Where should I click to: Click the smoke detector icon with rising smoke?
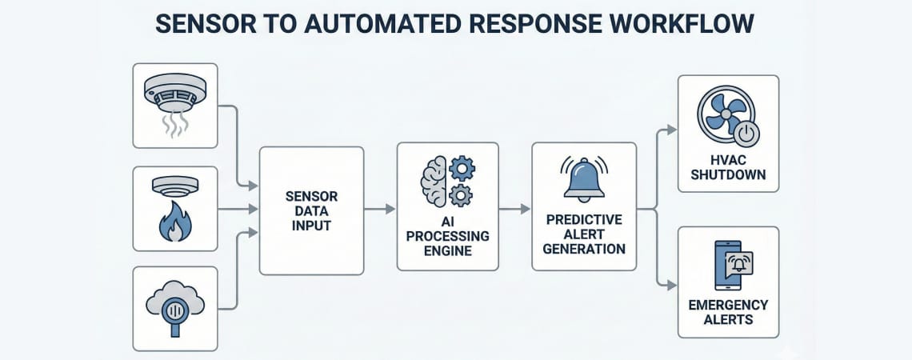pos(174,104)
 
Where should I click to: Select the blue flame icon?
pos(174,221)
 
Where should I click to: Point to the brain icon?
pos(434,183)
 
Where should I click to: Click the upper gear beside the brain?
pos(462,169)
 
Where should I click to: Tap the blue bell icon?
pos(583,181)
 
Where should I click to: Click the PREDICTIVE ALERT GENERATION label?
pos(583,234)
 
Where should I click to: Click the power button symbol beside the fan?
pos(746,135)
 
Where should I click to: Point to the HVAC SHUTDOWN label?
pos(728,167)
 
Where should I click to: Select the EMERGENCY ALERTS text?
pos(728,312)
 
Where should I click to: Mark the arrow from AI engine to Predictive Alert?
pos(516,209)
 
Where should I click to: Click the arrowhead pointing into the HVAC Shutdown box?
pos(673,129)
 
